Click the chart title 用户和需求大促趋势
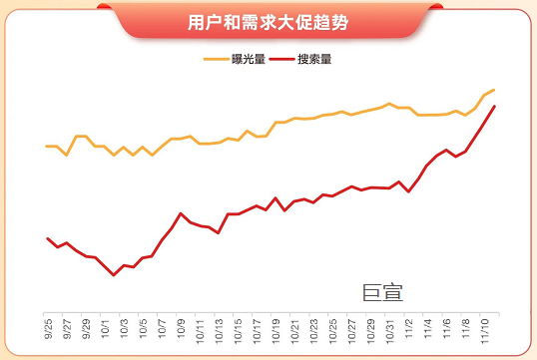pyautogui.click(x=268, y=21)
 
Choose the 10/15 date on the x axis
pyautogui.click(x=238, y=328)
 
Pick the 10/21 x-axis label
pyautogui.click(x=294, y=328)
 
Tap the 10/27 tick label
pyautogui.click(x=351, y=328)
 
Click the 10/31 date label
pyautogui.click(x=389, y=328)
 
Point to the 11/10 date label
pyautogui.click(x=484, y=328)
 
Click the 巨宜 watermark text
pyautogui.click(x=382, y=291)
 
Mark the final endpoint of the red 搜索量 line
pyautogui.click(x=494, y=106)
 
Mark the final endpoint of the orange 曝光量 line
pyautogui.click(x=494, y=90)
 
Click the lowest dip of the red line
pyautogui.click(x=114, y=275)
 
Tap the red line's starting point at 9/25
pyautogui.click(x=48, y=238)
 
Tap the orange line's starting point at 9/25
pyautogui.click(x=48, y=146)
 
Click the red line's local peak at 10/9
pyautogui.click(x=181, y=213)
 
